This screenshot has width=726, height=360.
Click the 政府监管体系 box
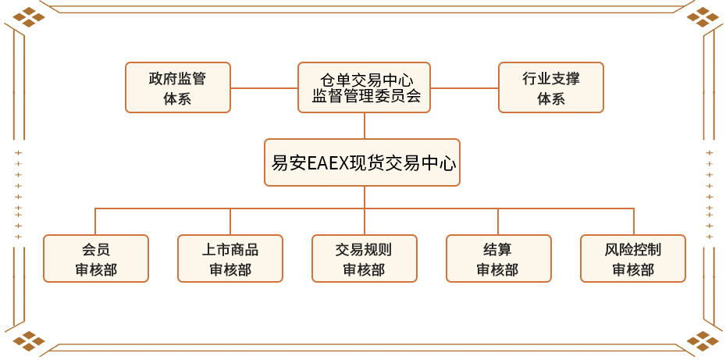coord(178,88)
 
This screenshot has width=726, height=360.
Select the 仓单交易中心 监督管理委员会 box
coord(365,87)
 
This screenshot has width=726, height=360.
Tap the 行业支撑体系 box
coord(550,88)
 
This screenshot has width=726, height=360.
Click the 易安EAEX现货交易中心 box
coord(362,162)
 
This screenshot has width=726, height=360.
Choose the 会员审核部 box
coord(96,258)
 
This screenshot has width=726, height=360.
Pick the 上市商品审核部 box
coord(230,258)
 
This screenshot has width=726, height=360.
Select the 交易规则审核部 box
coord(365,258)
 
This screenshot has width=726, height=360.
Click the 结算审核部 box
coord(498,258)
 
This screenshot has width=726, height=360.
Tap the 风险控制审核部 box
coord(633,258)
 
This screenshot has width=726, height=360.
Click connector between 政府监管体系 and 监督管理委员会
coord(265,88)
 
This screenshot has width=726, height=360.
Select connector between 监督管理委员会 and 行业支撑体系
coord(464,88)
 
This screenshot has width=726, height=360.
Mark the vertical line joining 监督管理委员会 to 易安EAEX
coord(365,126)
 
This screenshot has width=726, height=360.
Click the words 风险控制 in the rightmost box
coord(633,250)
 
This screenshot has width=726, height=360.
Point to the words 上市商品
coord(230,250)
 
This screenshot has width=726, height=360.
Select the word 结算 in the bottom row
coord(498,250)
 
